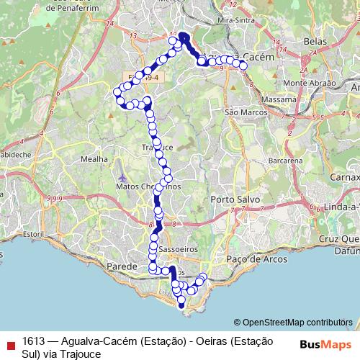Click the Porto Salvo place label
click(230, 199)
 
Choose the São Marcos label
click(246, 112)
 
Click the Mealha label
click(94, 158)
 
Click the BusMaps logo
click(326, 343)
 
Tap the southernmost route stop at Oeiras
click(181, 305)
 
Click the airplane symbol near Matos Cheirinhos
click(123, 176)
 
